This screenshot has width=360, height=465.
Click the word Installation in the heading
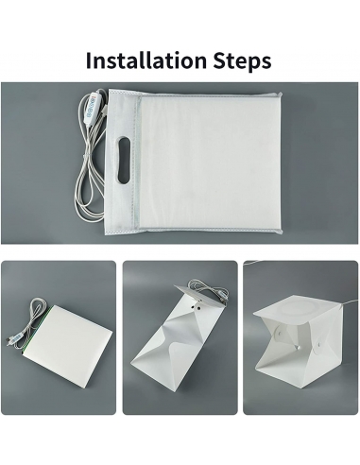click(x=146, y=60)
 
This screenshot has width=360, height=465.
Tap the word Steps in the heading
click(x=242, y=60)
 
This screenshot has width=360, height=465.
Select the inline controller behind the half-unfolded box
click(x=224, y=296)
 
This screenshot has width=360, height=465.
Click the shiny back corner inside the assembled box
click(x=298, y=347)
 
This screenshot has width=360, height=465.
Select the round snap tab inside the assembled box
click(x=280, y=332)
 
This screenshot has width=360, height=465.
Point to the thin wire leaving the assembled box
click(x=349, y=301)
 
